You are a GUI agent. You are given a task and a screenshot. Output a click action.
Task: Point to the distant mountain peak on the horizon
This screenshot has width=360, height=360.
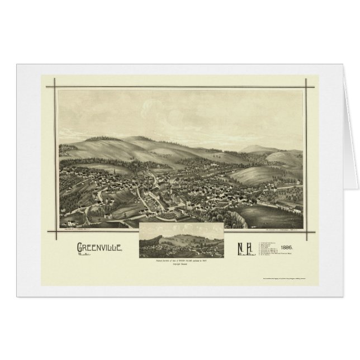tap(254, 147)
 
